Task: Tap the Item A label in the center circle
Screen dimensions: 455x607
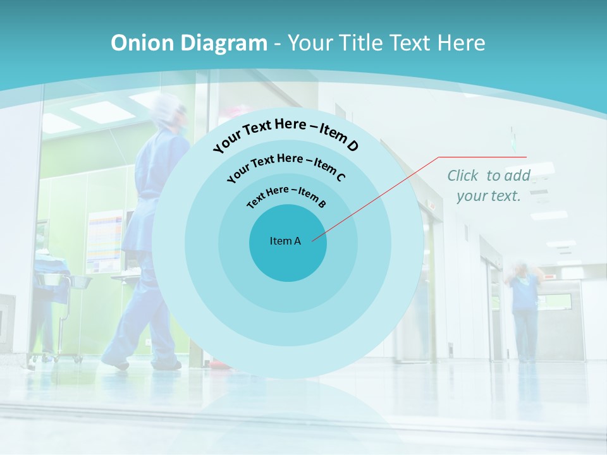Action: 285,241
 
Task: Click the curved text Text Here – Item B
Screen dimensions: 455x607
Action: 286,195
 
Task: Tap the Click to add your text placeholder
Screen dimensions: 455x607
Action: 489,185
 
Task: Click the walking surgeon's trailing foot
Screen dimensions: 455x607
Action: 116,361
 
